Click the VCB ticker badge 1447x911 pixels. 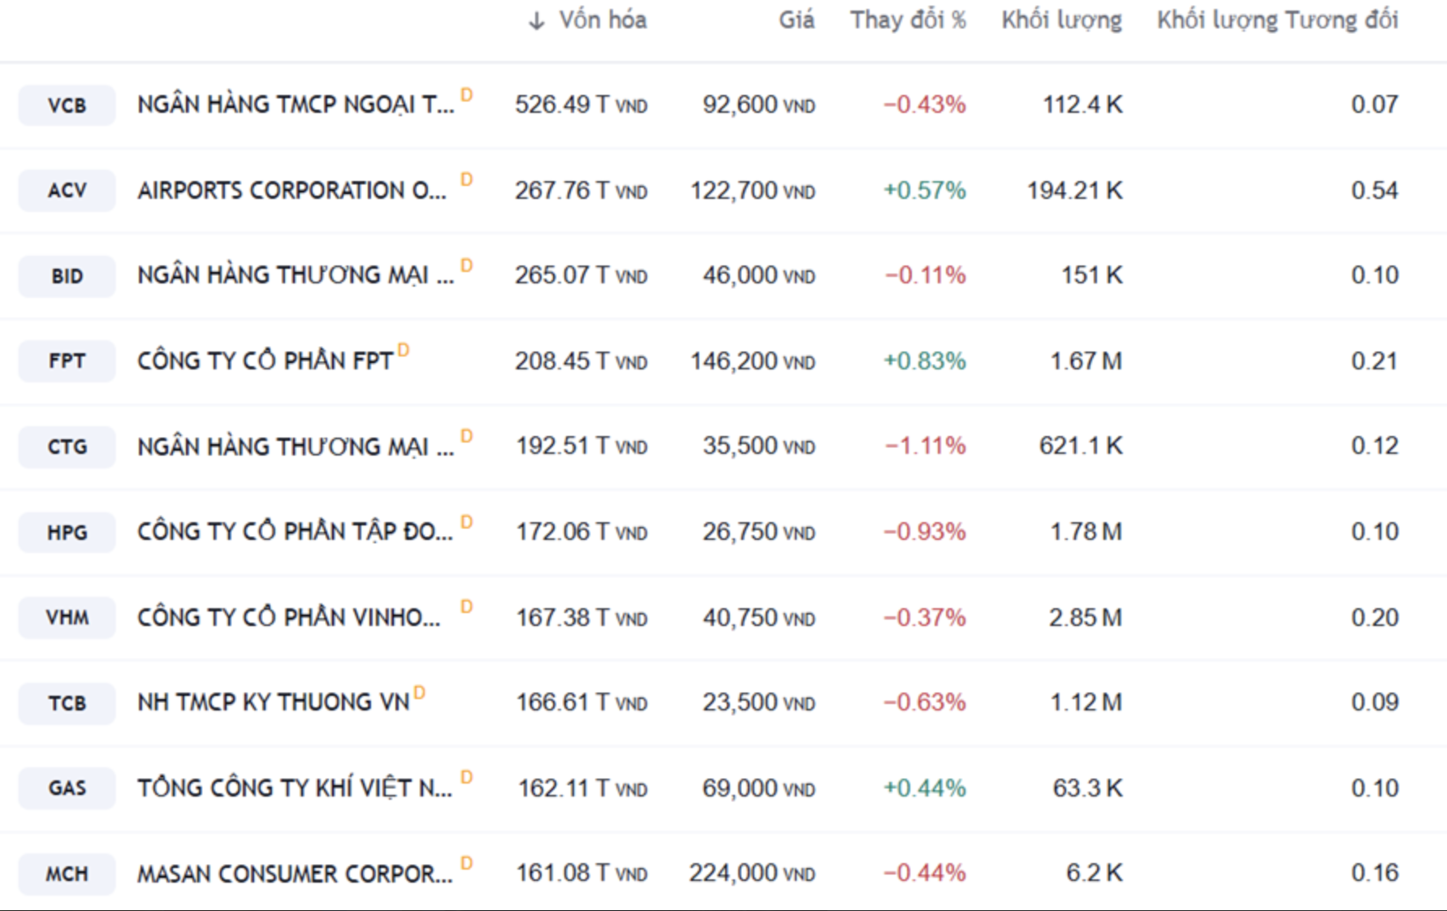(67, 106)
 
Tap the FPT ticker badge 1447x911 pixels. (67, 361)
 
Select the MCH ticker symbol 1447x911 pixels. (67, 874)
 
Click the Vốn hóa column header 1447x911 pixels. (603, 20)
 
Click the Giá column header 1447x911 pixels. (796, 20)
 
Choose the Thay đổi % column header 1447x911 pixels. (908, 20)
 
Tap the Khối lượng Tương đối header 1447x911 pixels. (1277, 20)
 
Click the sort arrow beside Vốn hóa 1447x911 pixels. (536, 21)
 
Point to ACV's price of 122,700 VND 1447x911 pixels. (752, 191)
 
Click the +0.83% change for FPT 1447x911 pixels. (925, 361)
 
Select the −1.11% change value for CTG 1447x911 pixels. (925, 447)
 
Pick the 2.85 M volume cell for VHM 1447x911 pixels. (1085, 618)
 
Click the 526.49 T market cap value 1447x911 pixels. (581, 106)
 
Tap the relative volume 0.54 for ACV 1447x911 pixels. (1374, 191)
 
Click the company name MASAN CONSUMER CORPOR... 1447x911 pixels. (295, 874)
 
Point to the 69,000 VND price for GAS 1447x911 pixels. (758, 788)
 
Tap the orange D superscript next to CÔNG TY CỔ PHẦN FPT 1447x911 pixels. (404, 351)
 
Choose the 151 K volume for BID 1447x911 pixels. (1091, 276)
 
